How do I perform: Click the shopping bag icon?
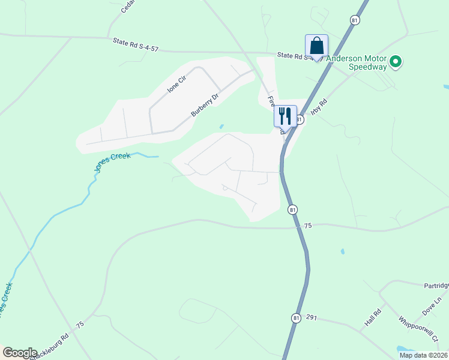click(316, 46)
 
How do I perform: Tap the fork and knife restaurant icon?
click(285, 116)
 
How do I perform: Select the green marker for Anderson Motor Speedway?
click(396, 61)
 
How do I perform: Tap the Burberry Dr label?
click(205, 104)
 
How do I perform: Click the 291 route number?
click(310, 317)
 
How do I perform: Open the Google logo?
click(19, 353)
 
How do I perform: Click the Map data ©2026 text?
click(423, 355)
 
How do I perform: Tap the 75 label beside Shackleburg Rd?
click(80, 325)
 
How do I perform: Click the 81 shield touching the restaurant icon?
click(299, 120)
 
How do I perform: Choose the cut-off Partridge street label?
click(436, 286)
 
